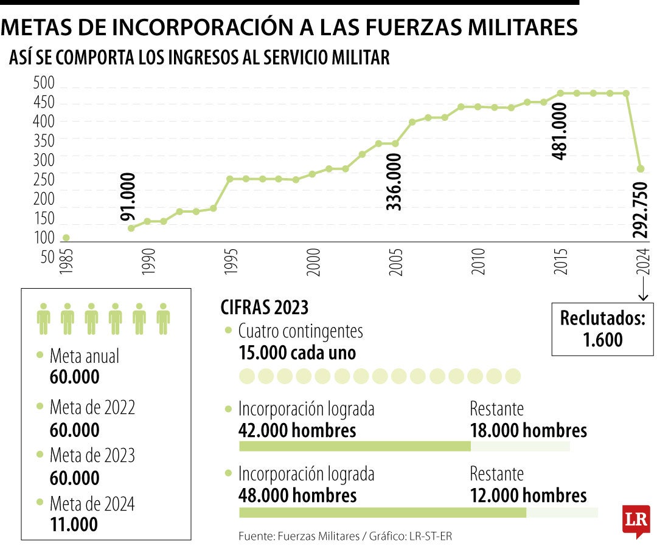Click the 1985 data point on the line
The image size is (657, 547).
pos(66,238)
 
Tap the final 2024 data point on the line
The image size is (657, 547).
pos(641,168)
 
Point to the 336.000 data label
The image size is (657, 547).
pos(394,182)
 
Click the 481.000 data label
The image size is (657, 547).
pos(559,131)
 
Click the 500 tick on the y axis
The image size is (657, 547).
pos(44,83)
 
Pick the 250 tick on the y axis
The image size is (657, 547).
pos(44,179)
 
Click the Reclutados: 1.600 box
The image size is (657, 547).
pos(602,328)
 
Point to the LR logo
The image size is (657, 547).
pos(636,520)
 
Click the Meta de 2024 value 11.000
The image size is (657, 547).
pos(74,524)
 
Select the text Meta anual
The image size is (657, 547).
pos(85,356)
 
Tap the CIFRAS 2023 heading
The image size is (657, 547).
pos(264,307)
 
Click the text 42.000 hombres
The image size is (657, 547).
pos(297,430)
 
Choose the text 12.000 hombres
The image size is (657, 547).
pos(528,495)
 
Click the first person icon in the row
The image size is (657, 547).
pos(43,318)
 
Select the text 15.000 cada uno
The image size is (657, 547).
pos(297,353)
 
